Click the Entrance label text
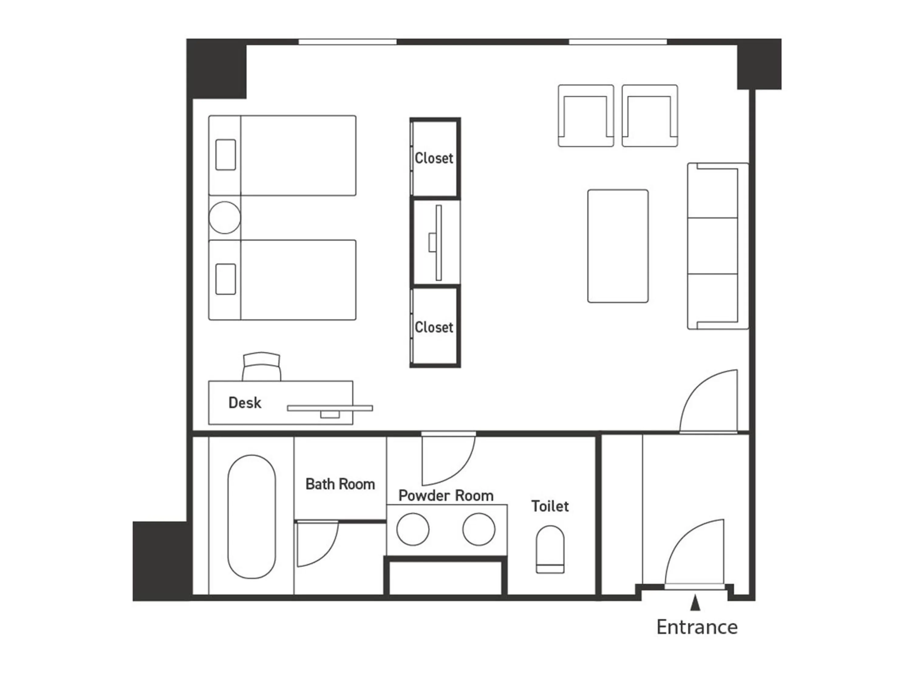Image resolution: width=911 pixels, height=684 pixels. coord(697,627)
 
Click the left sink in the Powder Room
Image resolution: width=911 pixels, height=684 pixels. coord(413,529)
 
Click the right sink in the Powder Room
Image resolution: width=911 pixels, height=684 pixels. coord(479,529)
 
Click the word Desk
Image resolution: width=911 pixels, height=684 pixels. coord(245,403)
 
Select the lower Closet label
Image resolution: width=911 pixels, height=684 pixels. coord(434,327)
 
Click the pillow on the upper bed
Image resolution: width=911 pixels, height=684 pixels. coord(226,155)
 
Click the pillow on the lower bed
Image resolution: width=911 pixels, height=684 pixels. coord(226,279)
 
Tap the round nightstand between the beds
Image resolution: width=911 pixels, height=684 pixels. coord(224,217)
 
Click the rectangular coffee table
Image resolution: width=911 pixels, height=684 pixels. coord(618,246)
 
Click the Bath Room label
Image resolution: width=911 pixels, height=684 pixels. coord(340,484)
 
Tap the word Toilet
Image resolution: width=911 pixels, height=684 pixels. coord(550,506)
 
